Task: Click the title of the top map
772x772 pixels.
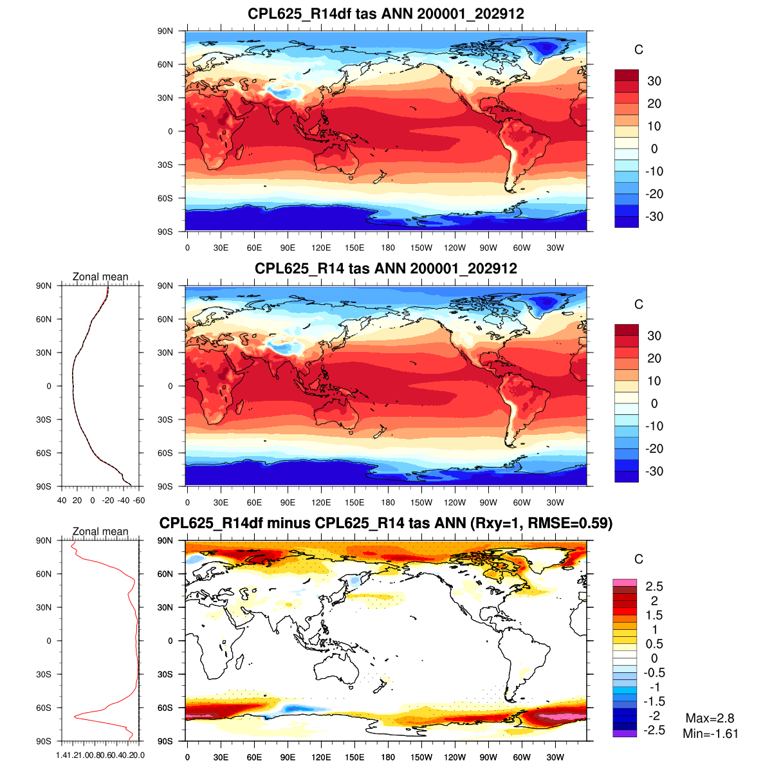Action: pyautogui.click(x=386, y=14)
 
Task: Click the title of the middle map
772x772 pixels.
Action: pyautogui.click(x=386, y=268)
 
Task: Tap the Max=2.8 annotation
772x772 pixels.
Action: pyautogui.click(x=710, y=719)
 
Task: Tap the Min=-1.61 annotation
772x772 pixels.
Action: pyautogui.click(x=710, y=734)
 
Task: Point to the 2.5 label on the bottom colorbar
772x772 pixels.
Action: pyautogui.click(x=654, y=586)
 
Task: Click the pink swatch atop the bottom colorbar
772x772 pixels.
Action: pyautogui.click(x=624, y=582)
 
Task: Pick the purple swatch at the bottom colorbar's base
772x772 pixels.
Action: pyautogui.click(x=624, y=733)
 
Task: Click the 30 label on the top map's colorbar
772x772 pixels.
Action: pyautogui.click(x=654, y=81)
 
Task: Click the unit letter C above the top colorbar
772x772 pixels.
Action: pyautogui.click(x=638, y=50)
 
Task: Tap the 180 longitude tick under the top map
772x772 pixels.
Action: pyautogui.click(x=388, y=248)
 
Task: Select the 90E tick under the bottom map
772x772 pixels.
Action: pyautogui.click(x=288, y=758)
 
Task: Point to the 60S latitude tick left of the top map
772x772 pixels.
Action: pyautogui.click(x=165, y=198)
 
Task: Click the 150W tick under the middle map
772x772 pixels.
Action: pyautogui.click(x=421, y=503)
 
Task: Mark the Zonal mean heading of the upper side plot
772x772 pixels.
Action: pyautogui.click(x=100, y=277)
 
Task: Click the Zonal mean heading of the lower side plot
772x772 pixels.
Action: pyautogui.click(x=100, y=531)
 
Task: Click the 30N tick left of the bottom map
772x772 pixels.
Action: pyautogui.click(x=165, y=607)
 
